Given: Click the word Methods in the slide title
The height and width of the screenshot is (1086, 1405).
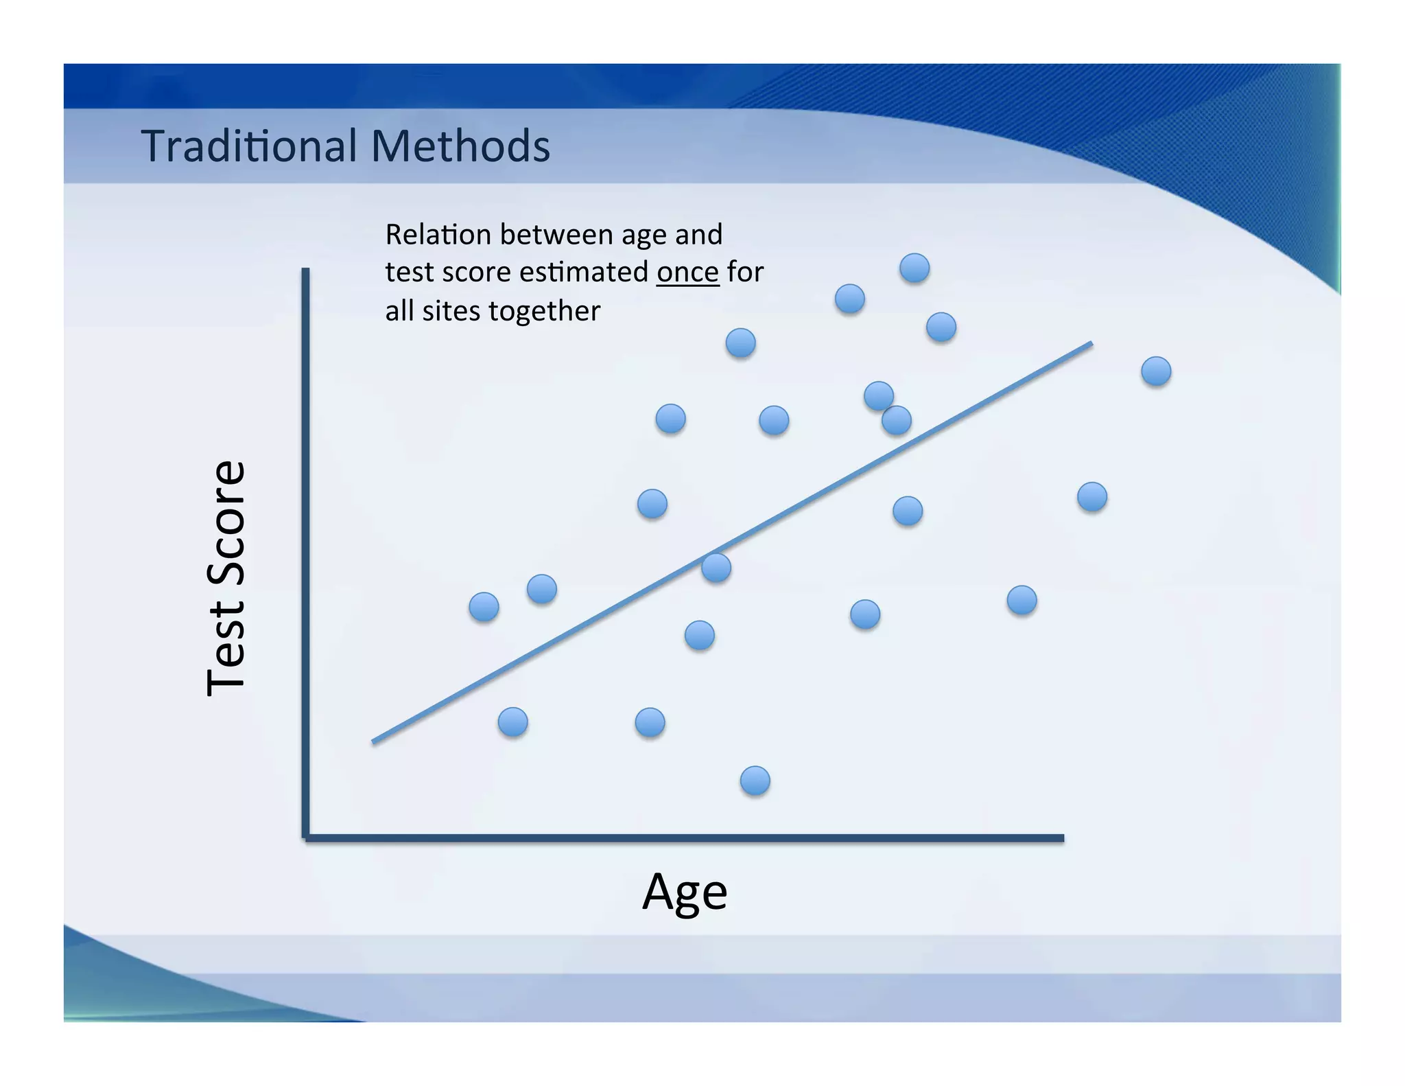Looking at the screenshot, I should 460,146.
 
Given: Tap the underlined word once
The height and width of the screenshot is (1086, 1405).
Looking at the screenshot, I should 687,273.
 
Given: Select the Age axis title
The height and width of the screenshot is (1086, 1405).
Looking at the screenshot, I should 684,892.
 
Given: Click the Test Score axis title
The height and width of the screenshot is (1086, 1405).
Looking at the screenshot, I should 226,578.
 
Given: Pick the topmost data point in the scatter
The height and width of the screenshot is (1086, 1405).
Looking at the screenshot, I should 914,268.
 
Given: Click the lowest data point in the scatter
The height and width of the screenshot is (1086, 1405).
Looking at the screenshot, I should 755,781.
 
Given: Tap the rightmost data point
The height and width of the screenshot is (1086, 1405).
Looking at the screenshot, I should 1156,371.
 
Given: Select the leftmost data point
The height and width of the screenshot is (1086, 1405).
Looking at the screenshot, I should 484,607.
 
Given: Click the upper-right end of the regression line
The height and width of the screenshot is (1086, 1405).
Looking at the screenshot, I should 1091,343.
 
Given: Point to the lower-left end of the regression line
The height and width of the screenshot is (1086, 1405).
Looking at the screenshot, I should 374,741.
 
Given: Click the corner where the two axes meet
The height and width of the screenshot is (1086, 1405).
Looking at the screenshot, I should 306,837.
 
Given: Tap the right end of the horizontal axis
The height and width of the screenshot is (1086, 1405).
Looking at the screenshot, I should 1061,837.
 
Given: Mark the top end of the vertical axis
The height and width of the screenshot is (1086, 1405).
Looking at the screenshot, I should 305,270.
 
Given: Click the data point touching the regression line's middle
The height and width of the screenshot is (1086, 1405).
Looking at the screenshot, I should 716,568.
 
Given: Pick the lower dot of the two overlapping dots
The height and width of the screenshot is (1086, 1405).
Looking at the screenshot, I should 897,420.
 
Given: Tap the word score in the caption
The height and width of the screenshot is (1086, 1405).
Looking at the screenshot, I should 477,273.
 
